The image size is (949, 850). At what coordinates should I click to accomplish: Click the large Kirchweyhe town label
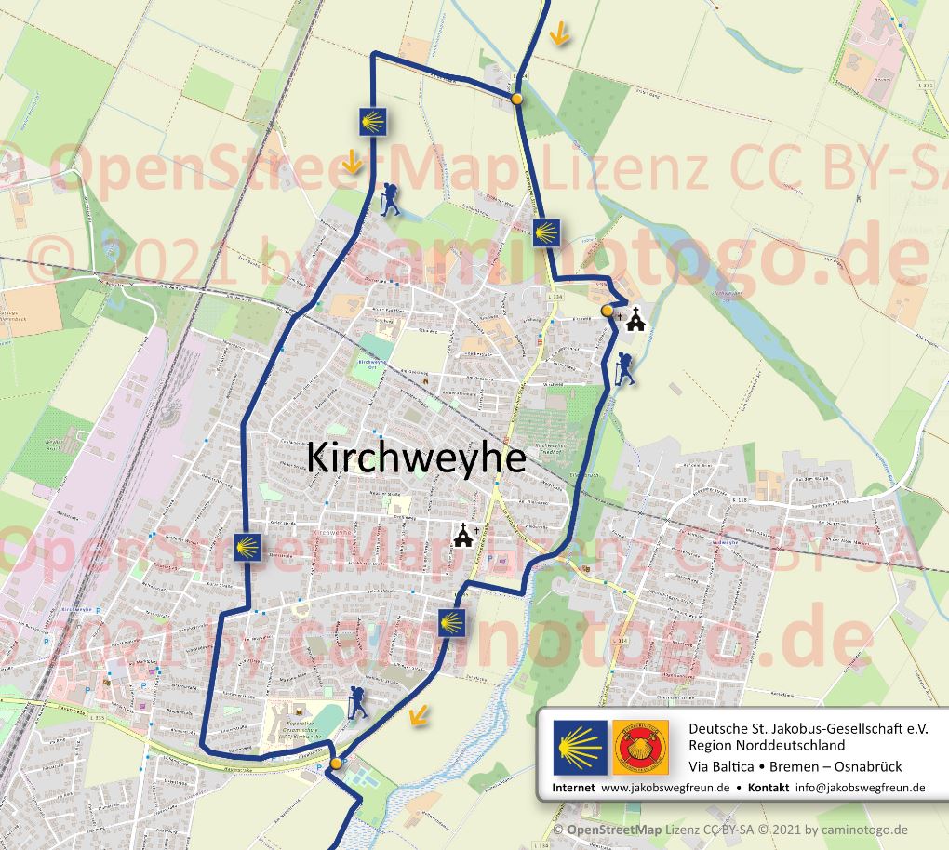416,458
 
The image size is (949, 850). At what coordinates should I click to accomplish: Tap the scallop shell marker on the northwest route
373,121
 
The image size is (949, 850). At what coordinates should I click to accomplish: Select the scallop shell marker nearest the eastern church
546,232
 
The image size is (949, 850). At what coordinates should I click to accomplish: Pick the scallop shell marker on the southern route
452,621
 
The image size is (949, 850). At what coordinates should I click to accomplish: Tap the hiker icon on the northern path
391,199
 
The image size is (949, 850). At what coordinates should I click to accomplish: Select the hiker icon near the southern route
356,702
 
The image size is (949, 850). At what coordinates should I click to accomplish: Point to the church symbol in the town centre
463,535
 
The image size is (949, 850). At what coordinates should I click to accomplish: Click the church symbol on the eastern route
636,320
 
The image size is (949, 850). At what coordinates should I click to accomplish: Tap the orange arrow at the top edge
559,35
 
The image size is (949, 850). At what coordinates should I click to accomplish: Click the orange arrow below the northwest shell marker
352,164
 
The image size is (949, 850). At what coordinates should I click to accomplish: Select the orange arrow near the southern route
420,714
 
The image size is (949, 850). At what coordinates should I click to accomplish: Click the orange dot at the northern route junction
516,98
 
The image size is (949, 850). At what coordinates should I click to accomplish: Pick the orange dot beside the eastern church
607,311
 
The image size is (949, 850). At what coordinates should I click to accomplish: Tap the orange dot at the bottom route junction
336,764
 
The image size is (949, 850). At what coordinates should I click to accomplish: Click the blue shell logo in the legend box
580,746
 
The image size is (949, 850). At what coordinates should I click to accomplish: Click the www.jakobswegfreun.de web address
664,787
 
